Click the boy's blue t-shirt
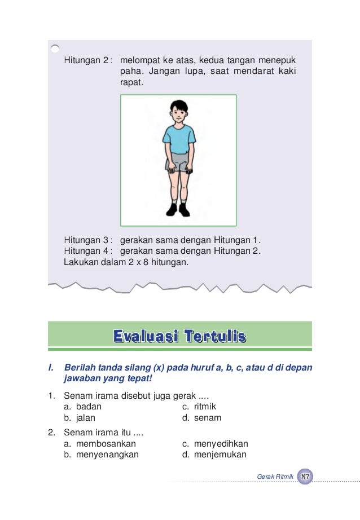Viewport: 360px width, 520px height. [179, 138]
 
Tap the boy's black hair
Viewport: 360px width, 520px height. [179, 105]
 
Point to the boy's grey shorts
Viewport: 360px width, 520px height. [179, 163]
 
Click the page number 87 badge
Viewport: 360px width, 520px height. [305, 477]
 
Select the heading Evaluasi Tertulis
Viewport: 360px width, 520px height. [179, 337]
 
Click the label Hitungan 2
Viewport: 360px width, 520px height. [87, 60]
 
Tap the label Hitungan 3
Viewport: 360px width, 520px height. [87, 239]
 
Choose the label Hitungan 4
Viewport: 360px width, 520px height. [87, 250]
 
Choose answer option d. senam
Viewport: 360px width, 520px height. [201, 418]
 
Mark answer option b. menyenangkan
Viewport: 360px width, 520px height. [101, 455]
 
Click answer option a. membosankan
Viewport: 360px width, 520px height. [100, 444]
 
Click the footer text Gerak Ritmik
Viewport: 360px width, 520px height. [275, 477]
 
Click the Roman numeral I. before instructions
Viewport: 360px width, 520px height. [51, 367]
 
